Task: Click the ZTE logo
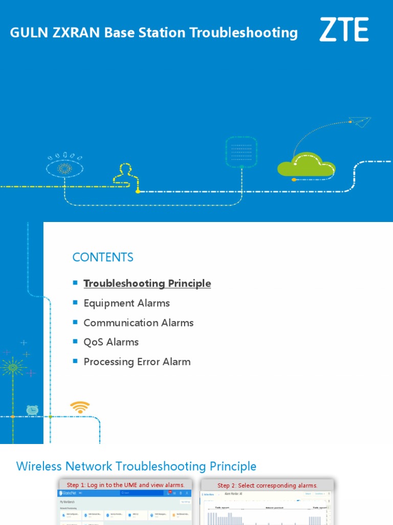[344, 30]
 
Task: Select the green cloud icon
[306, 165]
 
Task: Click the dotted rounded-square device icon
[241, 151]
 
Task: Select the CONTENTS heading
[103, 257]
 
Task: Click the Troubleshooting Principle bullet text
[147, 284]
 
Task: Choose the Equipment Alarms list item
[126, 303]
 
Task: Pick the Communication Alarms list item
[138, 322]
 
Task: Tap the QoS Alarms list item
[111, 342]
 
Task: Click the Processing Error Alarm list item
[137, 361]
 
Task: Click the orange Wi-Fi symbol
[80, 408]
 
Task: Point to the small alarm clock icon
[32, 410]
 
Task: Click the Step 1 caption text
[125, 485]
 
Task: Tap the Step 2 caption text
[267, 486]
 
